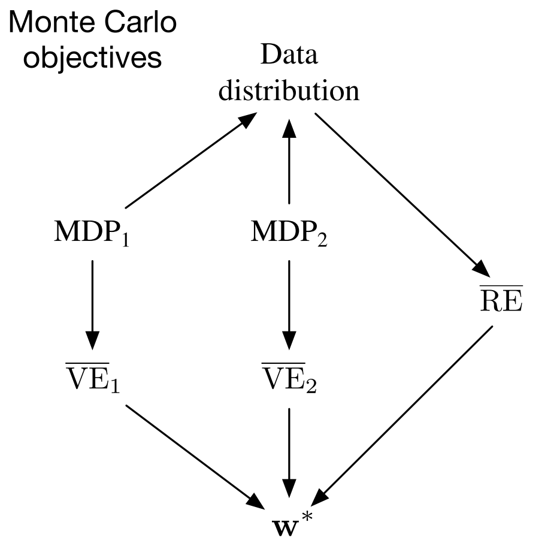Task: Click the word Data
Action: point(289,57)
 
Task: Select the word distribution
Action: point(289,92)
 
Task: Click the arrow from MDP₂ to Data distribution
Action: point(289,162)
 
